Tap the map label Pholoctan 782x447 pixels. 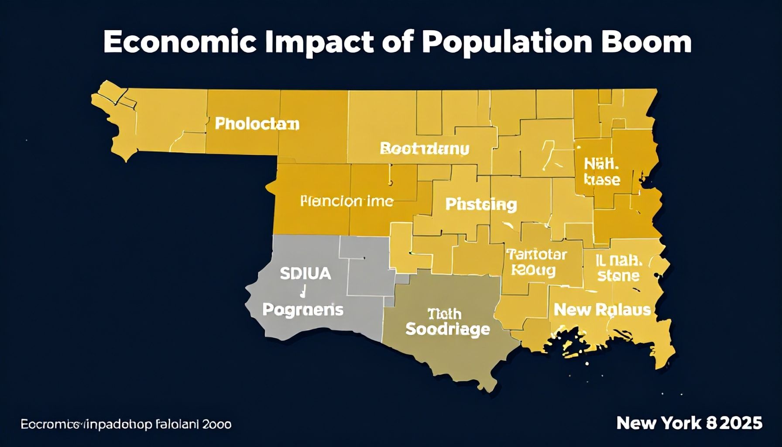pyautogui.click(x=257, y=124)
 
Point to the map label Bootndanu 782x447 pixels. pyautogui.click(x=425, y=148)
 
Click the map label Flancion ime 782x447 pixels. pyautogui.click(x=347, y=201)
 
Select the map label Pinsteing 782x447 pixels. pyautogui.click(x=481, y=204)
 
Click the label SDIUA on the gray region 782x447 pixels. pyautogui.click(x=305, y=274)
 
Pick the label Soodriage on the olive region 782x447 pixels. pyautogui.click(x=447, y=329)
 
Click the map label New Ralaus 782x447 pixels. pyautogui.click(x=602, y=310)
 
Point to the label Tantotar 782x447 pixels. pyautogui.click(x=536, y=254)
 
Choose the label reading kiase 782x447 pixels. pyautogui.click(x=602, y=179)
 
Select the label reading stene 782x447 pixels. pyautogui.click(x=618, y=276)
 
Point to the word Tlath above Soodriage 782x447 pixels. pyautogui.click(x=444, y=313)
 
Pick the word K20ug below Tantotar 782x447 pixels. pyautogui.click(x=533, y=270)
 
